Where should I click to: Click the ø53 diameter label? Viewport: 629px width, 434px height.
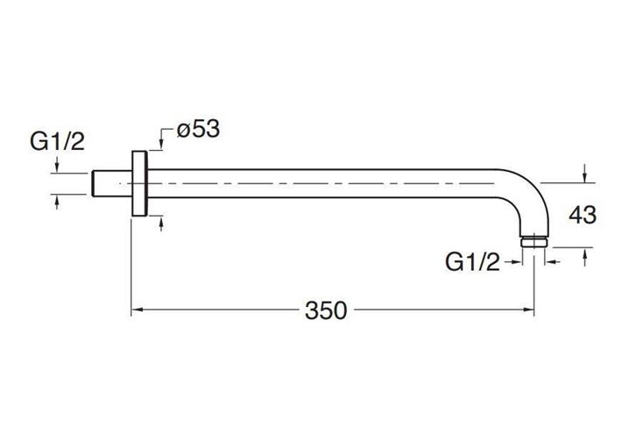[198, 129]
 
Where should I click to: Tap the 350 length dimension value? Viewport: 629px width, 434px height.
[326, 310]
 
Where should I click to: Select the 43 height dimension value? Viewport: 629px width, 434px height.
[583, 215]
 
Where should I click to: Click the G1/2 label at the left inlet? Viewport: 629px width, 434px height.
[57, 141]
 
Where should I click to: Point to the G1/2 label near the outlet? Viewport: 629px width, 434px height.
[472, 262]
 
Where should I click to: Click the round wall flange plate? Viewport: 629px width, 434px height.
[139, 183]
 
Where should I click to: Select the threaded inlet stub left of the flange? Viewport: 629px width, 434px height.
[112, 183]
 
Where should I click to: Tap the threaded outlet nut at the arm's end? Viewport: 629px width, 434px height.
[534, 241]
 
